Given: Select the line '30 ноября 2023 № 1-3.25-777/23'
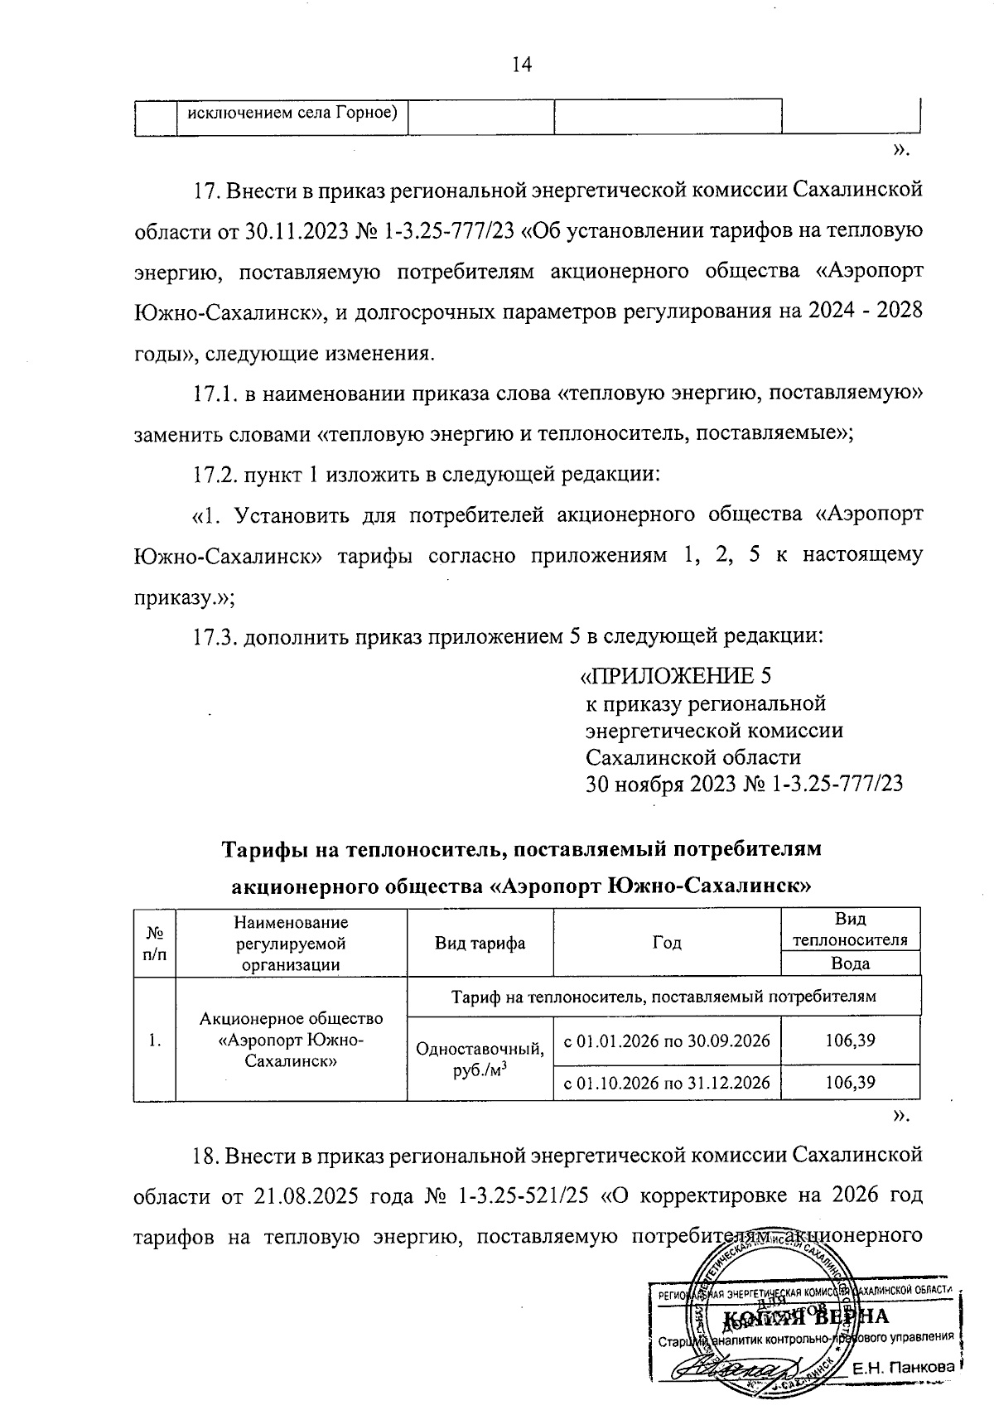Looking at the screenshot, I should pos(744,784).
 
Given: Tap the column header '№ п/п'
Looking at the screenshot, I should pos(154,943).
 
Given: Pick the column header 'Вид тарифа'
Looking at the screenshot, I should pos(480,943).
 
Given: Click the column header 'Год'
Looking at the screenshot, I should pos(667,943).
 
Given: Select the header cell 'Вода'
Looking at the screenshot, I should pos(851,963).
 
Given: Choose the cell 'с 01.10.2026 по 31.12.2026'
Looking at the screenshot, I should pos(667,1082).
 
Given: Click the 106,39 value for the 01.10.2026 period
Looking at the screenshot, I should pos(851,1082).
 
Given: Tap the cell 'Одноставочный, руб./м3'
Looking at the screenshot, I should pos(480,1060).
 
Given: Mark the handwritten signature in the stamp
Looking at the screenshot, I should pos(729,1368).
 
